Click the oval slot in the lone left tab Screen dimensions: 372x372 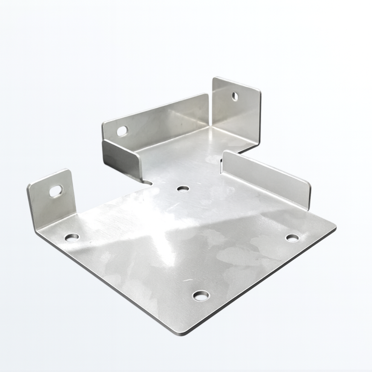pos(56,191)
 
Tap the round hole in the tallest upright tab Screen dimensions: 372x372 pos(235,96)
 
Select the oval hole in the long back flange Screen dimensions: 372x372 pos(122,131)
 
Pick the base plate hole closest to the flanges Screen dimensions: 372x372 pos(183,189)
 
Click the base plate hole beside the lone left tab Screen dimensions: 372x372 pos(72,237)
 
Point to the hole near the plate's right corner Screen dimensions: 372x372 pos(292,238)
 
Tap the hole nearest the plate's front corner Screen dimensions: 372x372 pos(201,295)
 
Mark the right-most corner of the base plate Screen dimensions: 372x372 pos(334,228)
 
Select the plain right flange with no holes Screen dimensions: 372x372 pos(267,178)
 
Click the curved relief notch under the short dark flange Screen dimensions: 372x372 pos(147,182)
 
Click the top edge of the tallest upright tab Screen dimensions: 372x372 pos(236,83)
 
